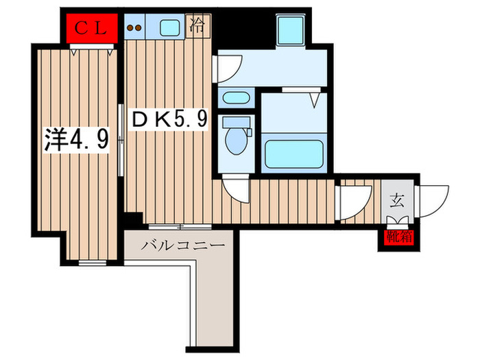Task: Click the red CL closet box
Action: pos(92,28)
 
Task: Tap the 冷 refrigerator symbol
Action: pos(198,26)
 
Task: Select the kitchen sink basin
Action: pos(169,27)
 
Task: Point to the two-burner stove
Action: pos(134,27)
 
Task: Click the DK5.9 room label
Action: pos(169,119)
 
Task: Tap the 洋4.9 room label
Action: pos(77,140)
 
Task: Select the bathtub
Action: pos(294,154)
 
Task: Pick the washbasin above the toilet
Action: pos(236,98)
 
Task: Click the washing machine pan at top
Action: pos(290,31)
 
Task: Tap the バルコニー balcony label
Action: pos(182,245)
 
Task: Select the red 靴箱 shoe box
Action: pos(399,237)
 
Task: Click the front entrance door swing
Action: pos(432,202)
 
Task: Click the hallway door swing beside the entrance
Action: pos(353,203)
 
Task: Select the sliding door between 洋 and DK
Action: pos(121,140)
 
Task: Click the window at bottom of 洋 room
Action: pos(92,263)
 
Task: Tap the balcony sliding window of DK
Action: pos(180,227)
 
